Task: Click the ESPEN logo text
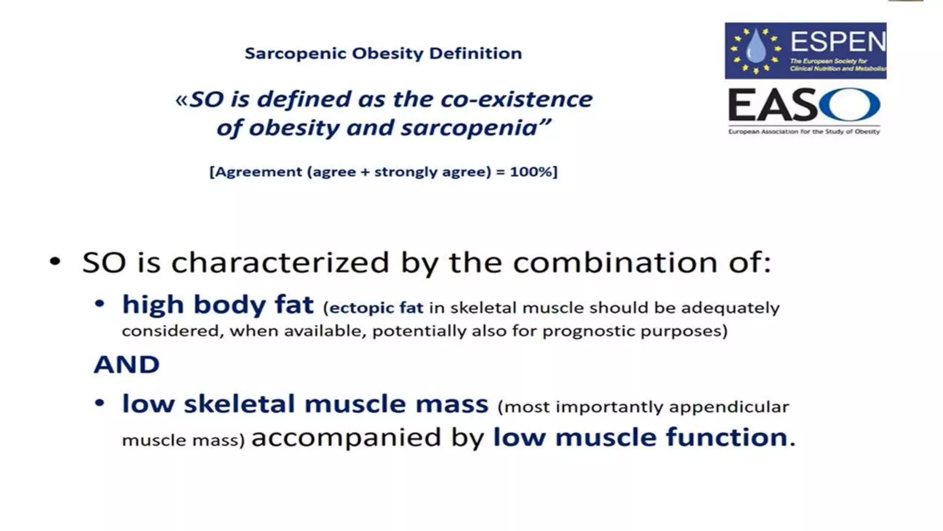pyautogui.click(x=838, y=42)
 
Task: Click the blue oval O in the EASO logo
pyautogui.click(x=850, y=105)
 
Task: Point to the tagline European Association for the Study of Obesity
pyautogui.click(x=803, y=132)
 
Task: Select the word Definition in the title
pyautogui.click(x=475, y=53)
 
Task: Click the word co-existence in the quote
pyautogui.click(x=516, y=100)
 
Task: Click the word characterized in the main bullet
pyautogui.click(x=280, y=263)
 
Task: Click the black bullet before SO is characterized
pyautogui.click(x=55, y=262)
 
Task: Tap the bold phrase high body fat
pyautogui.click(x=217, y=305)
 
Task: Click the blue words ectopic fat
pyautogui.click(x=376, y=308)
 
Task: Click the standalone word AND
pyautogui.click(x=127, y=365)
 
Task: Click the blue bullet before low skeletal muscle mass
pyautogui.click(x=99, y=403)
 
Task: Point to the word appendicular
pyautogui.click(x=728, y=407)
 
